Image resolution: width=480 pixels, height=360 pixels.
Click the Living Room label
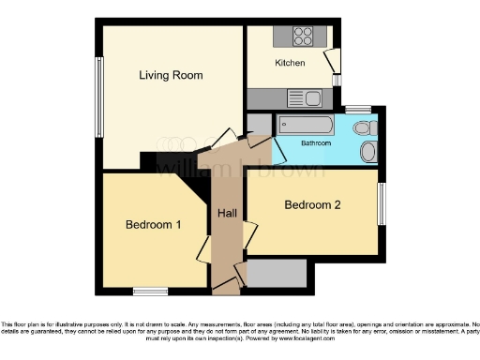point(171,75)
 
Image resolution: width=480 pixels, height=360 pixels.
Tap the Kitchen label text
point(290,63)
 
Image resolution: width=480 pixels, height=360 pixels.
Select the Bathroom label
point(316,143)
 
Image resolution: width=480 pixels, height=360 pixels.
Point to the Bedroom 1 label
point(154,225)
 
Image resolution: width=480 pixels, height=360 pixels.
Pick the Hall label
point(227,214)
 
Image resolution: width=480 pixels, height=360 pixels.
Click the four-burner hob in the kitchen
point(304,37)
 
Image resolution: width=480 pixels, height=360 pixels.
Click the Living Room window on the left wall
point(97,97)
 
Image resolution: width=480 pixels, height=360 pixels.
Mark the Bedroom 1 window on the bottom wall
point(149,292)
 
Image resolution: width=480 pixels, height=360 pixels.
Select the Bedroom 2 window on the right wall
point(382,203)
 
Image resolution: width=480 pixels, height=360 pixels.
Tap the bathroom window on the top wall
point(357,110)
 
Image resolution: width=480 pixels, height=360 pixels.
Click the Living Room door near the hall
point(223,138)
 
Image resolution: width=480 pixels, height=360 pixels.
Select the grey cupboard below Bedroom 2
point(276,273)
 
